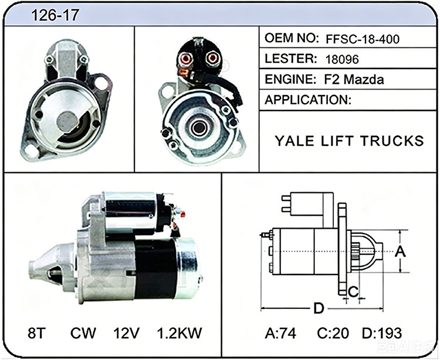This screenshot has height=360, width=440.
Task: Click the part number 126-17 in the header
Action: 55,15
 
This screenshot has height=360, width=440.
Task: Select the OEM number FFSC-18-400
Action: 363,39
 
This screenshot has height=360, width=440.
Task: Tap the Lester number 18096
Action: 342,59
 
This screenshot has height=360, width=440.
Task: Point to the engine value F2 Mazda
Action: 354,80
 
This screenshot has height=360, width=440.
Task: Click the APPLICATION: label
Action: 308,100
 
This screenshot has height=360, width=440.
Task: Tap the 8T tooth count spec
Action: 36,333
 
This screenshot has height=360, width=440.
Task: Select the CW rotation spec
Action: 83,333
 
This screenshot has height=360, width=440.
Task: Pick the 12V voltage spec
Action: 126,333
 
